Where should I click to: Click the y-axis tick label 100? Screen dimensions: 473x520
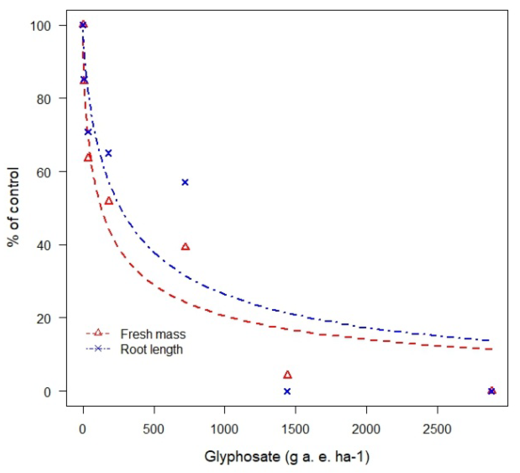point(40,26)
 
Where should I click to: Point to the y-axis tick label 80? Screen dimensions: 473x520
point(43,99)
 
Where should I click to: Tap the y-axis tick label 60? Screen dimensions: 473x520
point(43,172)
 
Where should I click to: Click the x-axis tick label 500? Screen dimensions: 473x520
point(153,429)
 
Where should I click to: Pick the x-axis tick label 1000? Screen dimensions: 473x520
point(224,429)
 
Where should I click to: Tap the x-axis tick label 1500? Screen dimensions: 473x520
point(295,429)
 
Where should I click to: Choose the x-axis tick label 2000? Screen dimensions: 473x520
point(366,429)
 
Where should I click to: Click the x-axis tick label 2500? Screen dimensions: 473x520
point(437,429)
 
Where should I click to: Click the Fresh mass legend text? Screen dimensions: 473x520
point(153,334)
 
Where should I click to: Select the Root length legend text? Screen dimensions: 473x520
point(151,349)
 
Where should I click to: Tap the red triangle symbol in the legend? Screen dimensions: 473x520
point(98,333)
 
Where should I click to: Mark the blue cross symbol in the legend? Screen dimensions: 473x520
point(98,349)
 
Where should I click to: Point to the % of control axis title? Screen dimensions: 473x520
point(14,207)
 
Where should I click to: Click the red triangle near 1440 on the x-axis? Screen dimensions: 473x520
point(287,375)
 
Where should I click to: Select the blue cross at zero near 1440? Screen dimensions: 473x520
point(287,391)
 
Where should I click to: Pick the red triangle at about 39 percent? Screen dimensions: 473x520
point(185,247)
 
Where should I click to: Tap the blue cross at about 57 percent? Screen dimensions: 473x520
point(185,182)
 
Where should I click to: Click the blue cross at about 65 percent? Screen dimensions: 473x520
point(108,153)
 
